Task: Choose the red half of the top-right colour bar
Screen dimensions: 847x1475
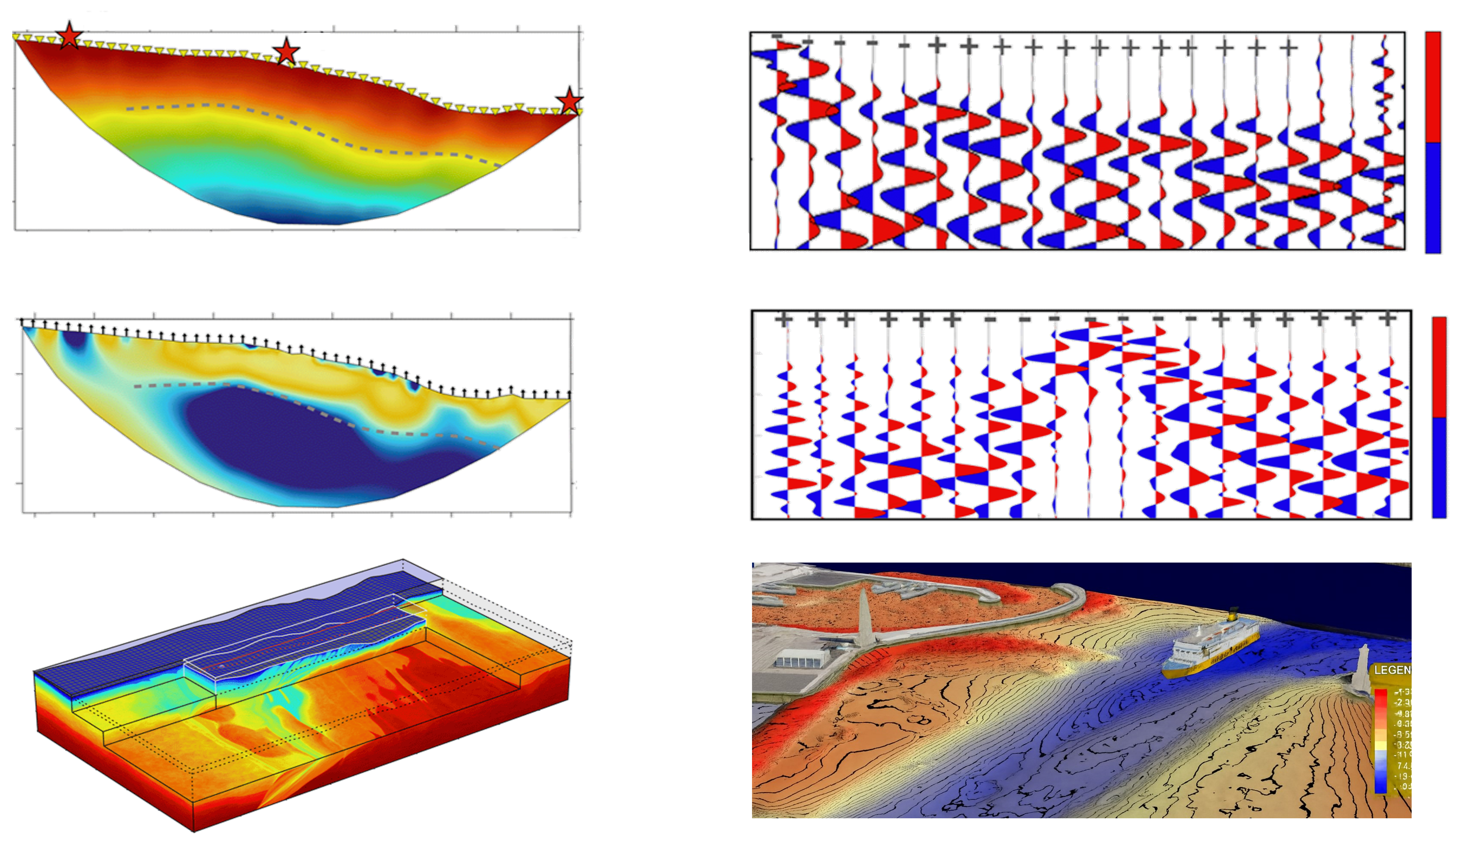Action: coord(1433,87)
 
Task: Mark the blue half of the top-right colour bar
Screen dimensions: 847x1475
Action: coord(1433,198)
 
